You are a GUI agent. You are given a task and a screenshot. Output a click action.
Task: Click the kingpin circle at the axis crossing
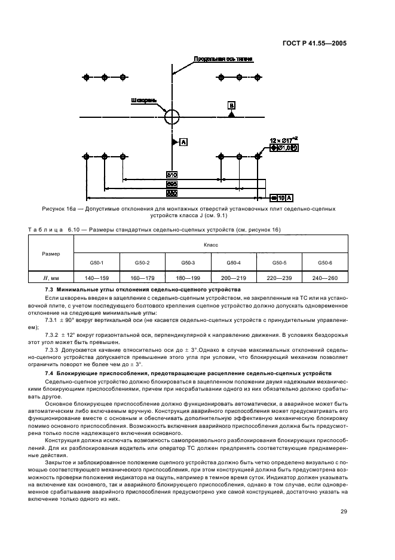click(x=172, y=114)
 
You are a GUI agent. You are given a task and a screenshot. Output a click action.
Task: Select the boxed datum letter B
click(x=231, y=105)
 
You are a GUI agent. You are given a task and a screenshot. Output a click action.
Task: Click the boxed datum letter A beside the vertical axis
click(x=183, y=142)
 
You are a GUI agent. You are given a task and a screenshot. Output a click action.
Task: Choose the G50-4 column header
click(x=234, y=262)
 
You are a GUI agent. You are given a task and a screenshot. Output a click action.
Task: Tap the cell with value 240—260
click(x=325, y=278)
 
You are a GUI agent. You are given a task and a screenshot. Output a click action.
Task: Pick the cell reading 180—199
click(x=188, y=278)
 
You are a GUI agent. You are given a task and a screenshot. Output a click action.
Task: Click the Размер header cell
click(x=50, y=254)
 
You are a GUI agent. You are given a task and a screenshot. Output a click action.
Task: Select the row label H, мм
click(x=50, y=278)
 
